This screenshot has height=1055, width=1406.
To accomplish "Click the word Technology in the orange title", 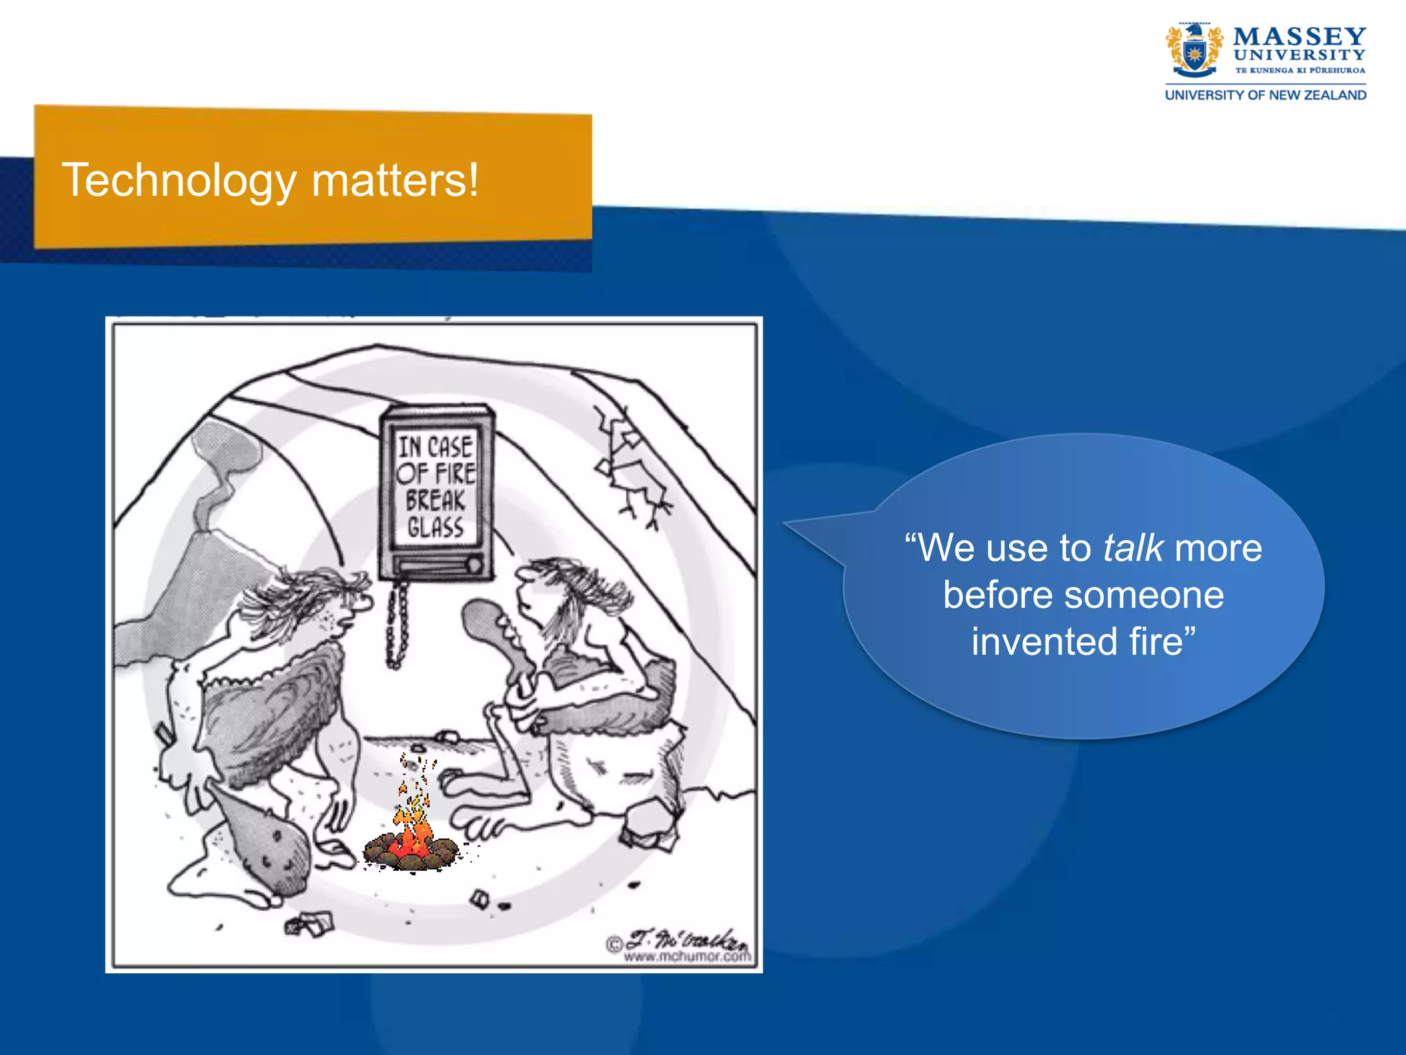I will (x=179, y=181).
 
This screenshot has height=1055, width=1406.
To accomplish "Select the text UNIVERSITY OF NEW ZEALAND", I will (x=1265, y=95).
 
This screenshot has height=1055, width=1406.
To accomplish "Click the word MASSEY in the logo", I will (x=1299, y=36).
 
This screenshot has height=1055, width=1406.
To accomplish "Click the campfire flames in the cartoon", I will (x=413, y=831).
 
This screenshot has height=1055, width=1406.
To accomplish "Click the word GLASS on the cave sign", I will (x=435, y=527).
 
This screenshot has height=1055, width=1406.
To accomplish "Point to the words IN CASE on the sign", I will (x=435, y=447).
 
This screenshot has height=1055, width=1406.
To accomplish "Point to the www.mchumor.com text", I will (x=687, y=956).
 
